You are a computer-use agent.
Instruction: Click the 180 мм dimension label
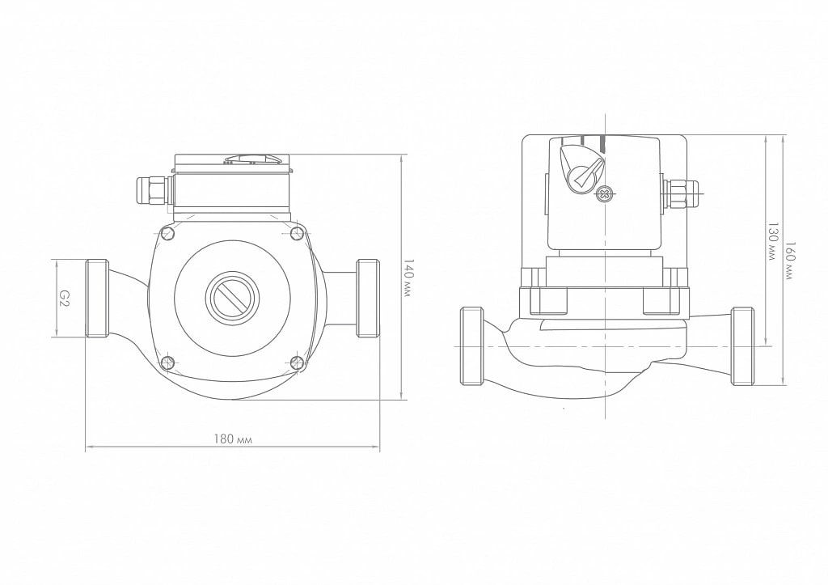(233, 439)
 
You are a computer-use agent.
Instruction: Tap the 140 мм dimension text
(408, 278)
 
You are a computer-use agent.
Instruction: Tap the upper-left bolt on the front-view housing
(168, 233)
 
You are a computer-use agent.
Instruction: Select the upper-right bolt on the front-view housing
(297, 232)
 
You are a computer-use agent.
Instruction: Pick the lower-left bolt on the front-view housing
(168, 362)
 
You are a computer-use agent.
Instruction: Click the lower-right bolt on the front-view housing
(297, 362)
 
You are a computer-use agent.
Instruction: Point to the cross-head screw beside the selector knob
(603, 194)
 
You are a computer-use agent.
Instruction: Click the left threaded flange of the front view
(97, 298)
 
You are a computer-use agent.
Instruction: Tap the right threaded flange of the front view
(368, 298)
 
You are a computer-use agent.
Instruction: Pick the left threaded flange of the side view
(471, 346)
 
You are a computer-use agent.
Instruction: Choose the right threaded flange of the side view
(742, 346)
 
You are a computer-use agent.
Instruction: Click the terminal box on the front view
(232, 188)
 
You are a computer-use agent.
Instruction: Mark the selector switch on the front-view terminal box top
(251, 159)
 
